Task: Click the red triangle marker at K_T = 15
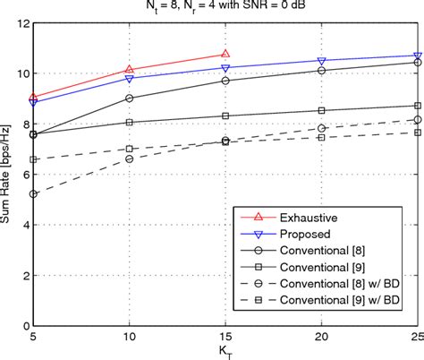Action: (225, 54)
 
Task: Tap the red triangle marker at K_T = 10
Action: (130, 69)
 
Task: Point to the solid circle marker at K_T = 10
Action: (130, 99)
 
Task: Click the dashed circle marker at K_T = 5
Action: (34, 193)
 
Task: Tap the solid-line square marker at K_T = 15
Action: (225, 116)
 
